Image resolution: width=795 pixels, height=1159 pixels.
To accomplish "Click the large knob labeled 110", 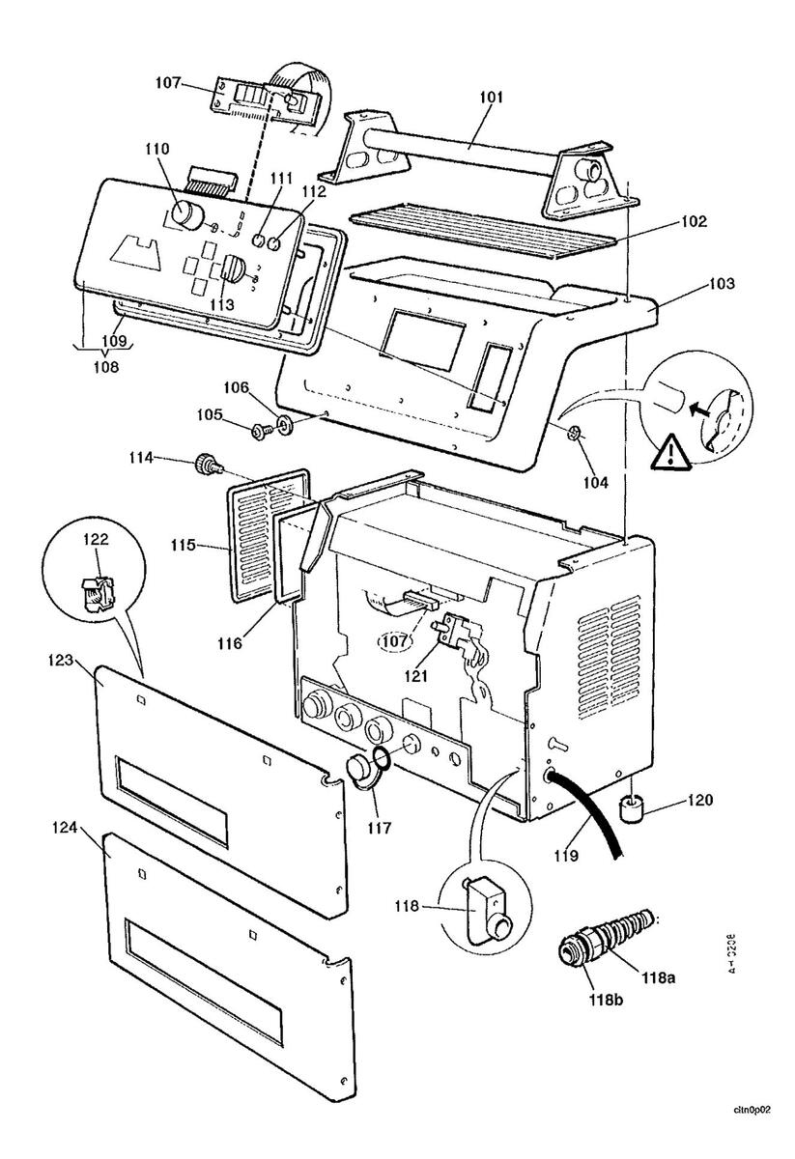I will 187,214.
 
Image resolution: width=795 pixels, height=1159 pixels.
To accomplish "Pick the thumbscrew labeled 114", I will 207,465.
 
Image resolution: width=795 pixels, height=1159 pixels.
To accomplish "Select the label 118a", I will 657,977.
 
